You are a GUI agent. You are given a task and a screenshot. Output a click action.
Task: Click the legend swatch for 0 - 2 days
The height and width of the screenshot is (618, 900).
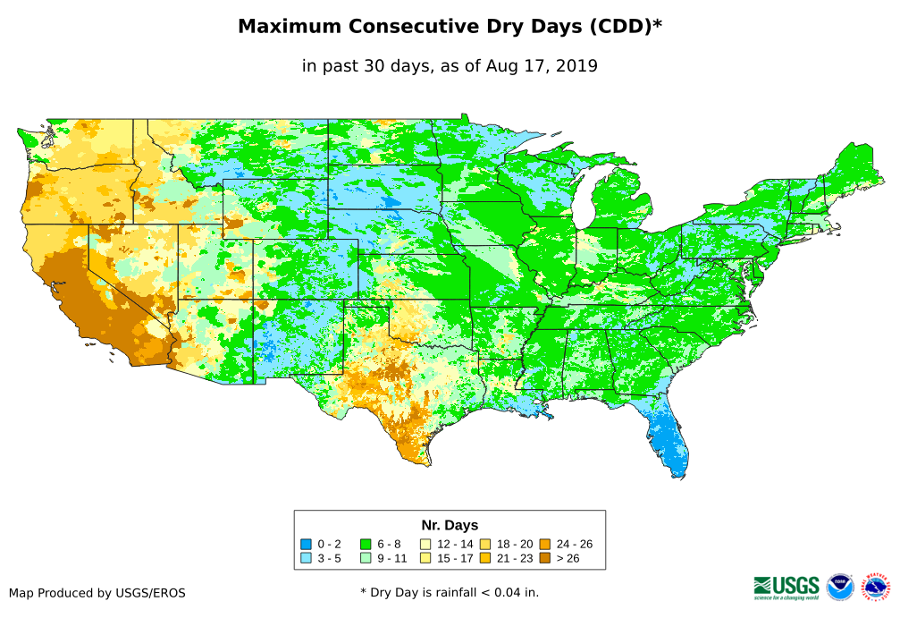click(307, 544)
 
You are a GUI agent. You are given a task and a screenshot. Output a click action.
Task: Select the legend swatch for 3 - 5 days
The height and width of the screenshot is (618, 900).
click(307, 558)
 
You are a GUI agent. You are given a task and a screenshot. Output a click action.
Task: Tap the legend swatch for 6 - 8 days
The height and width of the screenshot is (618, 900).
click(366, 544)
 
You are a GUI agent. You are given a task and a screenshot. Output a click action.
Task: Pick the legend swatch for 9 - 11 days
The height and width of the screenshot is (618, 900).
click(366, 558)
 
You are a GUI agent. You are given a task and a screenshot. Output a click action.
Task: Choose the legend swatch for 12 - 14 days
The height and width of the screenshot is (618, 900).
click(425, 544)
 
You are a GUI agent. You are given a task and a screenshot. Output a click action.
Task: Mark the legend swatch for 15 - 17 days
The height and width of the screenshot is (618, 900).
click(425, 558)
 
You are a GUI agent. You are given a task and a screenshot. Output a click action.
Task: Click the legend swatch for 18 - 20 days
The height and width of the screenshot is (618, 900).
click(484, 544)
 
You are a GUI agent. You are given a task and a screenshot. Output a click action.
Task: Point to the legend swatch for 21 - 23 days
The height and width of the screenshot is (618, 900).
click(484, 558)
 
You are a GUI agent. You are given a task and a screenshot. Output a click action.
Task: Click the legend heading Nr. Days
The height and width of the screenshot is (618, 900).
click(450, 525)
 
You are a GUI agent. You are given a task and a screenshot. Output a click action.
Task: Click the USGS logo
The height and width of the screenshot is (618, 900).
click(786, 586)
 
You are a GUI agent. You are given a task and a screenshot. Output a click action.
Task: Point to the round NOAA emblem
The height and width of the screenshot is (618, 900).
click(840, 587)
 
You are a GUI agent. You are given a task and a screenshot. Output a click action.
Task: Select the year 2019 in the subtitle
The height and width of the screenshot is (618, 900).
click(576, 65)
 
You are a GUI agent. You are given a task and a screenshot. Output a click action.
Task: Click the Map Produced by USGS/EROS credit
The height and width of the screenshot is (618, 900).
click(97, 592)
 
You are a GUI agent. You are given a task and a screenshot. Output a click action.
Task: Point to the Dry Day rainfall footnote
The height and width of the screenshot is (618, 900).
click(450, 592)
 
